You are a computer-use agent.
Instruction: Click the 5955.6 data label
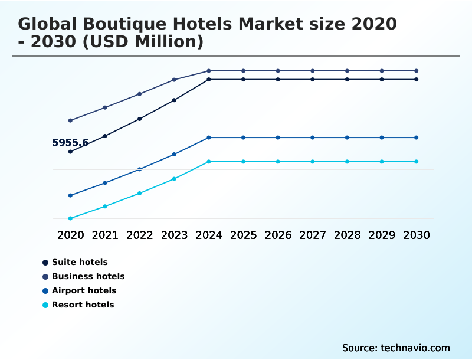[70, 142]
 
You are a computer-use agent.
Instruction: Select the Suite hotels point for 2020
[71, 152]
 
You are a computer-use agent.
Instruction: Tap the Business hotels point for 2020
[71, 120]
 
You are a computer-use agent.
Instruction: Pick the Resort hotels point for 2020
[71, 218]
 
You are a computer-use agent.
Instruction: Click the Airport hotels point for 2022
[140, 169]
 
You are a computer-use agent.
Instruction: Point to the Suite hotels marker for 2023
[174, 100]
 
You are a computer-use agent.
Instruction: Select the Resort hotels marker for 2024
[209, 162]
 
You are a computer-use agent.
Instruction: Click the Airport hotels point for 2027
[313, 138]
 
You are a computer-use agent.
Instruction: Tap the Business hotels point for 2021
[105, 107]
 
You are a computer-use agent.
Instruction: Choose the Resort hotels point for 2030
[416, 162]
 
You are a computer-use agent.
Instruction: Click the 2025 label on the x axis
[243, 235]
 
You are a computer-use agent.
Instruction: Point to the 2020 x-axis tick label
[71, 235]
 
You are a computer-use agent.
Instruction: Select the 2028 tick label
[347, 235]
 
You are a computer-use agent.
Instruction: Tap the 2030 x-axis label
[416, 235]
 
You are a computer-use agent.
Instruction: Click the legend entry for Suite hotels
[80, 262]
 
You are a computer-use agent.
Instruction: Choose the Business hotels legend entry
[88, 276]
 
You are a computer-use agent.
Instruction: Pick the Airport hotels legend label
[84, 290]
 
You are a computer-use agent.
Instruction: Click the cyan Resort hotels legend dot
[45, 305]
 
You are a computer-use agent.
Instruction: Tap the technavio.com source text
[415, 348]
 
